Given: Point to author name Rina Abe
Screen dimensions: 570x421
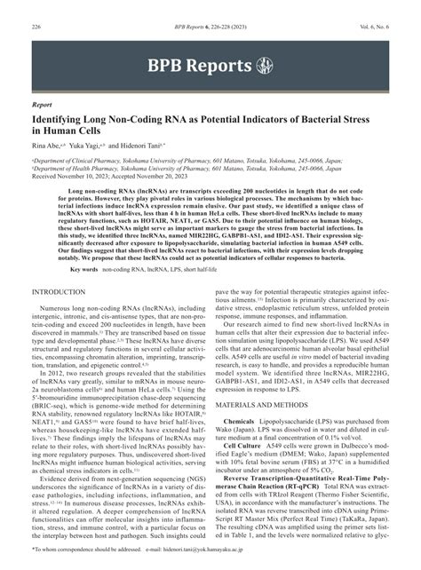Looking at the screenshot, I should click(x=46, y=146).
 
